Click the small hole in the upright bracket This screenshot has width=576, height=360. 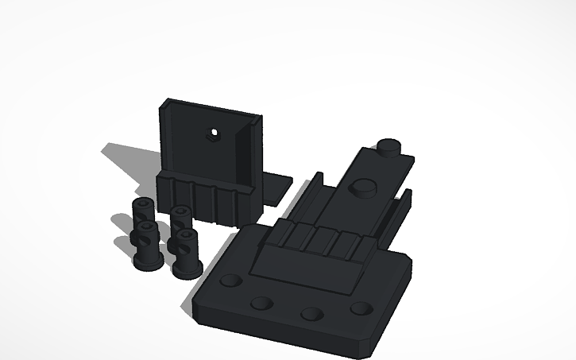(x=213, y=132)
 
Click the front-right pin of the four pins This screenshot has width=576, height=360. (x=186, y=253)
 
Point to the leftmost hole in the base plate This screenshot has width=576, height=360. (x=231, y=281)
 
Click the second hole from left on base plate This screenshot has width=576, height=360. (x=260, y=304)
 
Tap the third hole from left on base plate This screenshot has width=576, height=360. (x=312, y=313)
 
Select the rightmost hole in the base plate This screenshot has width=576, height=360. (x=361, y=308)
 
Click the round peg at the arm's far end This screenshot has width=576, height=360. (x=389, y=148)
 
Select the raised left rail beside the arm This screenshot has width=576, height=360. (x=306, y=199)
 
